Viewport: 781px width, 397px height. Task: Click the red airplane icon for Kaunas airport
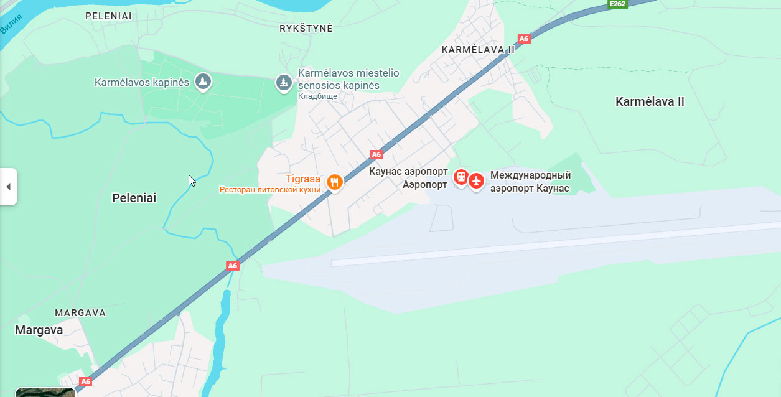pos(477,180)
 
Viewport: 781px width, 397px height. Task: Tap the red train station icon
pos(461,177)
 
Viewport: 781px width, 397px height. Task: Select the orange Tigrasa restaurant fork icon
pos(335,182)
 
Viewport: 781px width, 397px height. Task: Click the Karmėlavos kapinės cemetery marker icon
pos(202,81)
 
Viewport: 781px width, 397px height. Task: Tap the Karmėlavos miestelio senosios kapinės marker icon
pos(284,82)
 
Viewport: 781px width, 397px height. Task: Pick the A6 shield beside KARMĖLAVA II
pos(524,39)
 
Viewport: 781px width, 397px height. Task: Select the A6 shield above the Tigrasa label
pos(376,154)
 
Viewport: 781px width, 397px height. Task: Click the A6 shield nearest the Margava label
pos(85,381)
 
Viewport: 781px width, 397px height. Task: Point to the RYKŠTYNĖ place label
pos(306,29)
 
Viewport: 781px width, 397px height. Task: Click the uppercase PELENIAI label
pos(108,16)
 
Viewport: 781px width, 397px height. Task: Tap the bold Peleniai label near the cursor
pos(134,198)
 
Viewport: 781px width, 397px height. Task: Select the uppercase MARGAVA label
pos(80,312)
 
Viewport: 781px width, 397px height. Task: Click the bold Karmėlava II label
pos(650,101)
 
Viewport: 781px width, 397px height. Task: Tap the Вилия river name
pos(11,24)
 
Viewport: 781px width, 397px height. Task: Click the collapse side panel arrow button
pos(8,186)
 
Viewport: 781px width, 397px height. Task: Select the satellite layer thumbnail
pos(45,392)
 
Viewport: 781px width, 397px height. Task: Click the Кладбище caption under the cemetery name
pos(317,96)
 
